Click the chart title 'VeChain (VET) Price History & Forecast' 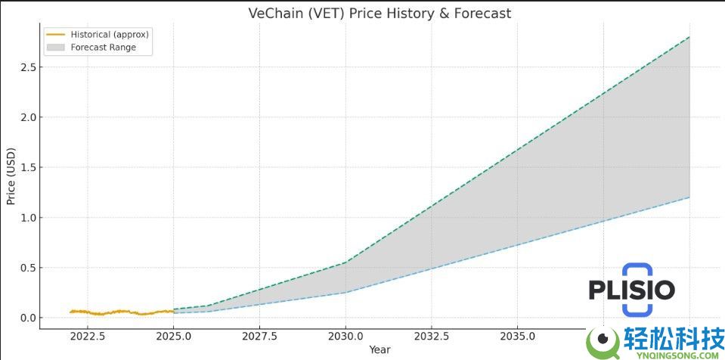pyautogui.click(x=380, y=13)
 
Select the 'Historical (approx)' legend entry pyautogui.click(x=110, y=34)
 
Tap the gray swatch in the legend pyautogui.click(x=56, y=47)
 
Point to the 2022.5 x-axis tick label pyautogui.click(x=88, y=336)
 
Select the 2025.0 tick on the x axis pyautogui.click(x=174, y=336)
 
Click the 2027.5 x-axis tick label pyautogui.click(x=260, y=336)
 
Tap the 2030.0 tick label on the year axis pyautogui.click(x=345, y=336)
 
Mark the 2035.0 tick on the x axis pyautogui.click(x=517, y=336)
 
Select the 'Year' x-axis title pyautogui.click(x=380, y=349)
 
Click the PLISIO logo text pyautogui.click(x=632, y=290)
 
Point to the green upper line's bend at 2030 pyautogui.click(x=345, y=262)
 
